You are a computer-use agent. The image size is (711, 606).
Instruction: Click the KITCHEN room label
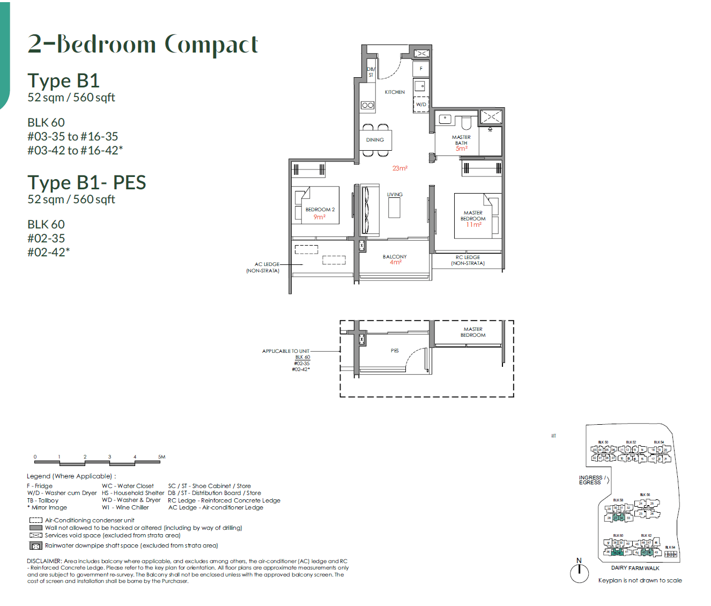pyautogui.click(x=395, y=92)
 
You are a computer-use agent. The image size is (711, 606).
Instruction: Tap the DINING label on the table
pyautogui.click(x=375, y=140)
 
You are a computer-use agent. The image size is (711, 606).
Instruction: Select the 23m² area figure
pyautogui.click(x=399, y=168)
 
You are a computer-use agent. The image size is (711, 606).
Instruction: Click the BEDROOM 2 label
pyautogui.click(x=320, y=210)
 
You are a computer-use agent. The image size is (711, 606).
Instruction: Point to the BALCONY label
pyautogui.click(x=395, y=257)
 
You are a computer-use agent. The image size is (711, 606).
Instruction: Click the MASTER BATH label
pyautogui.click(x=461, y=140)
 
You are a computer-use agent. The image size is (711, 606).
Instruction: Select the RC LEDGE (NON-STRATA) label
pyautogui.click(x=468, y=260)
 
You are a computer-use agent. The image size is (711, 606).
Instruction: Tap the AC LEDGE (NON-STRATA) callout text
pyautogui.click(x=263, y=268)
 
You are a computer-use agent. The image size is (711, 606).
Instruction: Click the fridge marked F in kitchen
pyautogui.click(x=421, y=69)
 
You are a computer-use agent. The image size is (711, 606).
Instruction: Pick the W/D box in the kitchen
pyautogui.click(x=421, y=105)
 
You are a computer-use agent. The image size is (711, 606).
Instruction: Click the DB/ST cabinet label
pyautogui.click(x=371, y=72)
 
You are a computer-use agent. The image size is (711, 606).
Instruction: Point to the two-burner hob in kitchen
pyautogui.click(x=367, y=105)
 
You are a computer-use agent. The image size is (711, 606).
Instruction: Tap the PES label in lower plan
pyautogui.click(x=395, y=351)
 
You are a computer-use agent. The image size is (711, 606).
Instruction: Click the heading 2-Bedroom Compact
pyautogui.click(x=143, y=44)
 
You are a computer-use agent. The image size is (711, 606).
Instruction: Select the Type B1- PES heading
pyautogui.click(x=87, y=182)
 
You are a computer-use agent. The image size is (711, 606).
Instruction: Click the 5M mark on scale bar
pyautogui.click(x=161, y=457)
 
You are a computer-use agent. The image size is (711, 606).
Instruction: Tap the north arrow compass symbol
pyautogui.click(x=579, y=572)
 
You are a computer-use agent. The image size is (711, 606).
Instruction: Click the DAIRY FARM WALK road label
pyautogui.click(x=635, y=568)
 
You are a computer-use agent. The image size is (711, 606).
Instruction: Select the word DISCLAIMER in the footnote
pyautogui.click(x=45, y=561)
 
